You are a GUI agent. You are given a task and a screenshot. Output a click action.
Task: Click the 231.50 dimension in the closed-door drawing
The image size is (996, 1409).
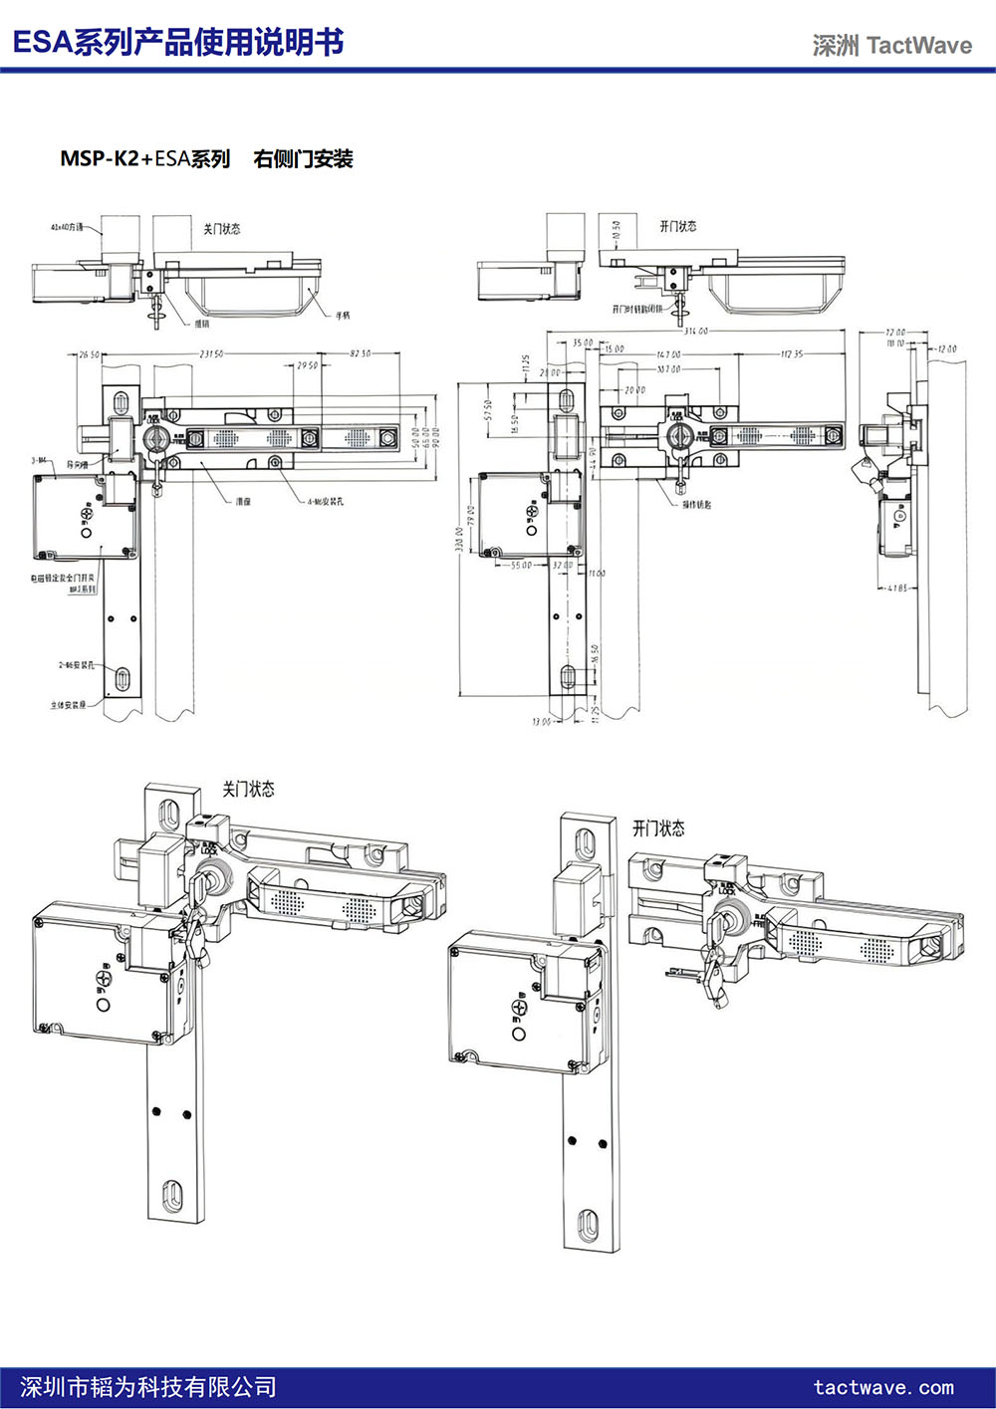[211, 353]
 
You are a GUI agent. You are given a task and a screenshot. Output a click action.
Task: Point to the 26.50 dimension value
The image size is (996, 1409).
[89, 354]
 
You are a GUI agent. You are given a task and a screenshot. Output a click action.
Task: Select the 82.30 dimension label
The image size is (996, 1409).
[361, 353]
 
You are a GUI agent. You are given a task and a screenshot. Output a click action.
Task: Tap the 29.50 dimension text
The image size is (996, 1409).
[307, 365]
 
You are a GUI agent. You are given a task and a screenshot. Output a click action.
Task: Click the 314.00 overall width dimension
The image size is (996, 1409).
[695, 331]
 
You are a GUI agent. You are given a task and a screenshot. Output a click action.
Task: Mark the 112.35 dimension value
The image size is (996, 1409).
[792, 353]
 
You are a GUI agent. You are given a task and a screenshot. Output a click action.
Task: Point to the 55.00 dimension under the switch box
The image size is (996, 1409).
[521, 565]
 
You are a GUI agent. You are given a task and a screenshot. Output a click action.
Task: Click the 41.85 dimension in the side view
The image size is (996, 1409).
[895, 587]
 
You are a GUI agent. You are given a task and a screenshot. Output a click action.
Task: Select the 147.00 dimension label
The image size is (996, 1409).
[668, 353]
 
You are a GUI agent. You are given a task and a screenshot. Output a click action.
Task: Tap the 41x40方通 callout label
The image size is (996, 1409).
[67, 227]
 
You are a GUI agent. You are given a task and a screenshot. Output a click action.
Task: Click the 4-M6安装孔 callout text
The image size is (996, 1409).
[325, 501]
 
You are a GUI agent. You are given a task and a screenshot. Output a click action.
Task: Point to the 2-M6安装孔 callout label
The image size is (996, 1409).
[76, 664]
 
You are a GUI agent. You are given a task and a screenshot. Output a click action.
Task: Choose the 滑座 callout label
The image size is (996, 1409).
[243, 501]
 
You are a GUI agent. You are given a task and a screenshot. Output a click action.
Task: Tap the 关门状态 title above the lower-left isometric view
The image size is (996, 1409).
[248, 789]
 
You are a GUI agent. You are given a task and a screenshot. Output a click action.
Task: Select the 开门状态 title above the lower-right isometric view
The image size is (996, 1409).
[658, 827]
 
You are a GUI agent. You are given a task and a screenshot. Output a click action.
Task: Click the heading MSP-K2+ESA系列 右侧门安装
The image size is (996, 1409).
[206, 158]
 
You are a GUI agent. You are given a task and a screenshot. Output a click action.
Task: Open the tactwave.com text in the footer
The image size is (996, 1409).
[883, 1387]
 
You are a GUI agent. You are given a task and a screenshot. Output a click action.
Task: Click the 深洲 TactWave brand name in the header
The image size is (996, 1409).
[891, 45]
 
